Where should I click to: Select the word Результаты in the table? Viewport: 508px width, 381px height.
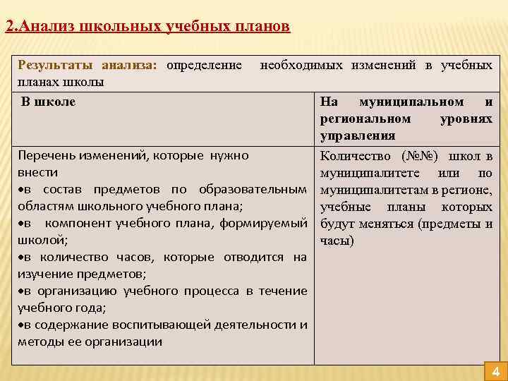click(56, 66)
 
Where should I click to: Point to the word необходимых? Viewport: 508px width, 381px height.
click(302, 66)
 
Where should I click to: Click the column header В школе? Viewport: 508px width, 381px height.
click(48, 102)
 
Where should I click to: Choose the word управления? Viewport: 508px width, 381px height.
click(358, 135)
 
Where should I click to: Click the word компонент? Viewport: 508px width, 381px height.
click(77, 224)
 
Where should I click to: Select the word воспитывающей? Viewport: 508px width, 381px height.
click(169, 325)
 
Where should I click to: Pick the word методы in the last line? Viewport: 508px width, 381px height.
click(41, 342)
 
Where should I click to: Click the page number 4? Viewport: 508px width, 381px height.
click(495, 373)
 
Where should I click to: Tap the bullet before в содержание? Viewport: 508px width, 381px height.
click(20, 325)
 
